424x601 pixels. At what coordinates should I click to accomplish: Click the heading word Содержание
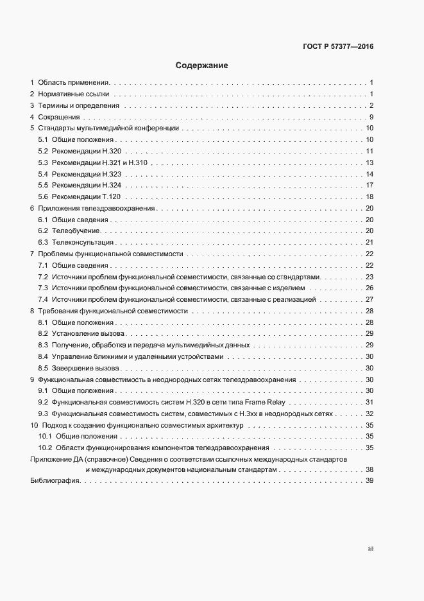(x=202, y=65)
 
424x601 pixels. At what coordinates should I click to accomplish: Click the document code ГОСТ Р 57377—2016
(x=338, y=46)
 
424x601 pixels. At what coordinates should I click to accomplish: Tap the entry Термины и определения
(x=78, y=106)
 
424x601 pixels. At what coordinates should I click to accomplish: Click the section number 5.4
(x=43, y=174)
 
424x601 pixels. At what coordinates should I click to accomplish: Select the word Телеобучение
(x=76, y=231)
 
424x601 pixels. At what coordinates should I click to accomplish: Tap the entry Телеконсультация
(x=83, y=242)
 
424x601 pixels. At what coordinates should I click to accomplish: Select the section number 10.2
(x=46, y=448)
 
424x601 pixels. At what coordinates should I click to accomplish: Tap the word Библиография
(x=55, y=482)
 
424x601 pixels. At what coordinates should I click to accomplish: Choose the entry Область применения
(x=74, y=83)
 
